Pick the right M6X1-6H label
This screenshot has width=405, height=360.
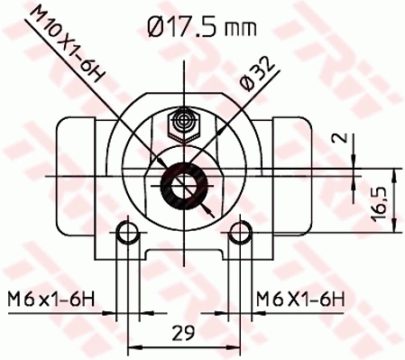297,296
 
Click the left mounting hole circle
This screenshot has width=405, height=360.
130,235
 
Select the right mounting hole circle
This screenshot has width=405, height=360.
238,235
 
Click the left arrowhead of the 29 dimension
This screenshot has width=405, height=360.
135,346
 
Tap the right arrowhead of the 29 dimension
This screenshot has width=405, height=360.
233,346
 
